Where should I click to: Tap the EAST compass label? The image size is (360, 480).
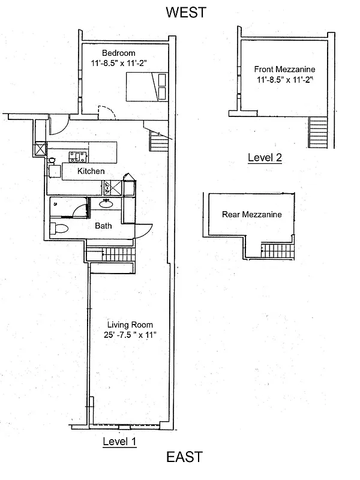click(184, 457)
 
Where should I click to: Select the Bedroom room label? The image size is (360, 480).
click(118, 53)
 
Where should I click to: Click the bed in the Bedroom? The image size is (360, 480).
click(146, 87)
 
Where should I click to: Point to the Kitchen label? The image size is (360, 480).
click(91, 172)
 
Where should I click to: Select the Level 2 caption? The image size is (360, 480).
click(265, 158)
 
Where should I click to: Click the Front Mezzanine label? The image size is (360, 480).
click(285, 70)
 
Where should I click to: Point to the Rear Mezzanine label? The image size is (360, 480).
click(252, 214)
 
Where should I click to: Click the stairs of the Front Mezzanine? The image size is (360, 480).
click(319, 131)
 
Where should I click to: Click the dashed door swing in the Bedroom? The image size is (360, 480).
click(106, 113)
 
